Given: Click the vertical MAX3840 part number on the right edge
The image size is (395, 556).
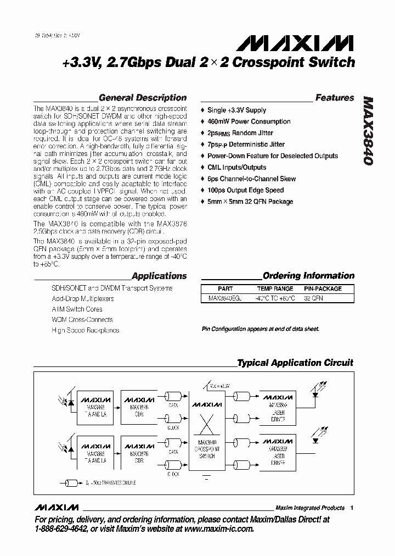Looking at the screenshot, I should tap(369, 132).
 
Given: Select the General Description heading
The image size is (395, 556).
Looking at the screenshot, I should tap(143, 98).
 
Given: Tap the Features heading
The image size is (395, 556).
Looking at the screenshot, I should tap(335, 98).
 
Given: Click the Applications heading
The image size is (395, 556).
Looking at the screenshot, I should tap(159, 276).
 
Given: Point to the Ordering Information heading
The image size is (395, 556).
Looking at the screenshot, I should tap(308, 276).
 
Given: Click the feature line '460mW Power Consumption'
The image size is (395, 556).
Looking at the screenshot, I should tap(249, 121).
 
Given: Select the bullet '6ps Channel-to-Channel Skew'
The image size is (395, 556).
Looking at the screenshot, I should tap(251, 179).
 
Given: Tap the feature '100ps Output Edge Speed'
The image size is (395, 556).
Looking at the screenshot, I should tap(245, 190).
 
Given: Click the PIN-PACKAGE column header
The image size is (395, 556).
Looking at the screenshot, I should tap(323, 288).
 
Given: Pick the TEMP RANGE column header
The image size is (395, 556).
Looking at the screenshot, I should tap(275, 288).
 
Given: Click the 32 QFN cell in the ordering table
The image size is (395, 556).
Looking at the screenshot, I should tap(314, 298).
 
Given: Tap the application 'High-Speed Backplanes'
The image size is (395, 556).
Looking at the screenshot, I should tap(85, 330).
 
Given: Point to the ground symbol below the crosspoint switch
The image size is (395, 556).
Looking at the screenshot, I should tap(206, 477).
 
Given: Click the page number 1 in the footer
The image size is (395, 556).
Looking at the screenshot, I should tap(352, 508).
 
